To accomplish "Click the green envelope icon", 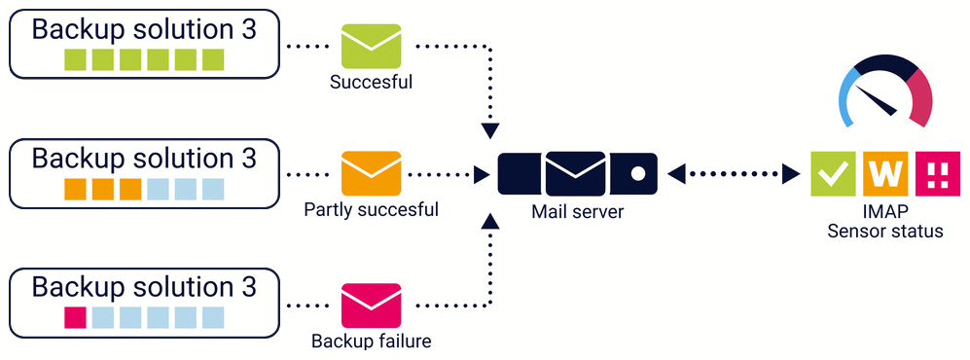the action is click(372, 46).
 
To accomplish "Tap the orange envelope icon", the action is click(372, 173).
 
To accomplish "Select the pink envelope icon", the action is click(372, 305).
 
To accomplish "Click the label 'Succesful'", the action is click(372, 83).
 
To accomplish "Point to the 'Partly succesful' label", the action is click(372, 210).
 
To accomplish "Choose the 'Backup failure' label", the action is click(372, 341).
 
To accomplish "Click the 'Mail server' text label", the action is click(578, 212).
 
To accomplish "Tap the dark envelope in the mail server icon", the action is click(575, 174).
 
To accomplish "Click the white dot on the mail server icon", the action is click(636, 174).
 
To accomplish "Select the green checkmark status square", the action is click(833, 174).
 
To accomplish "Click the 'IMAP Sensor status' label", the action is click(885, 222).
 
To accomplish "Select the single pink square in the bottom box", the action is click(75, 317).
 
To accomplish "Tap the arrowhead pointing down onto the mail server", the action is click(490, 130).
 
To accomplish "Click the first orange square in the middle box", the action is click(75, 190).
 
